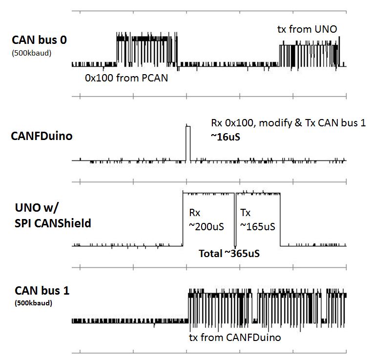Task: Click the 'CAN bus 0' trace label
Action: (39, 40)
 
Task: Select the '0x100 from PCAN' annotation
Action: (126, 78)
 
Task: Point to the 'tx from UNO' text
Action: (307, 30)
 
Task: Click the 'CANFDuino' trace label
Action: (41, 136)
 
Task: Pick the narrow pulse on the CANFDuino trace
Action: (188, 142)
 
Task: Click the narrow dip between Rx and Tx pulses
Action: (235, 220)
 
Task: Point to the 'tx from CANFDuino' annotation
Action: (235, 337)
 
